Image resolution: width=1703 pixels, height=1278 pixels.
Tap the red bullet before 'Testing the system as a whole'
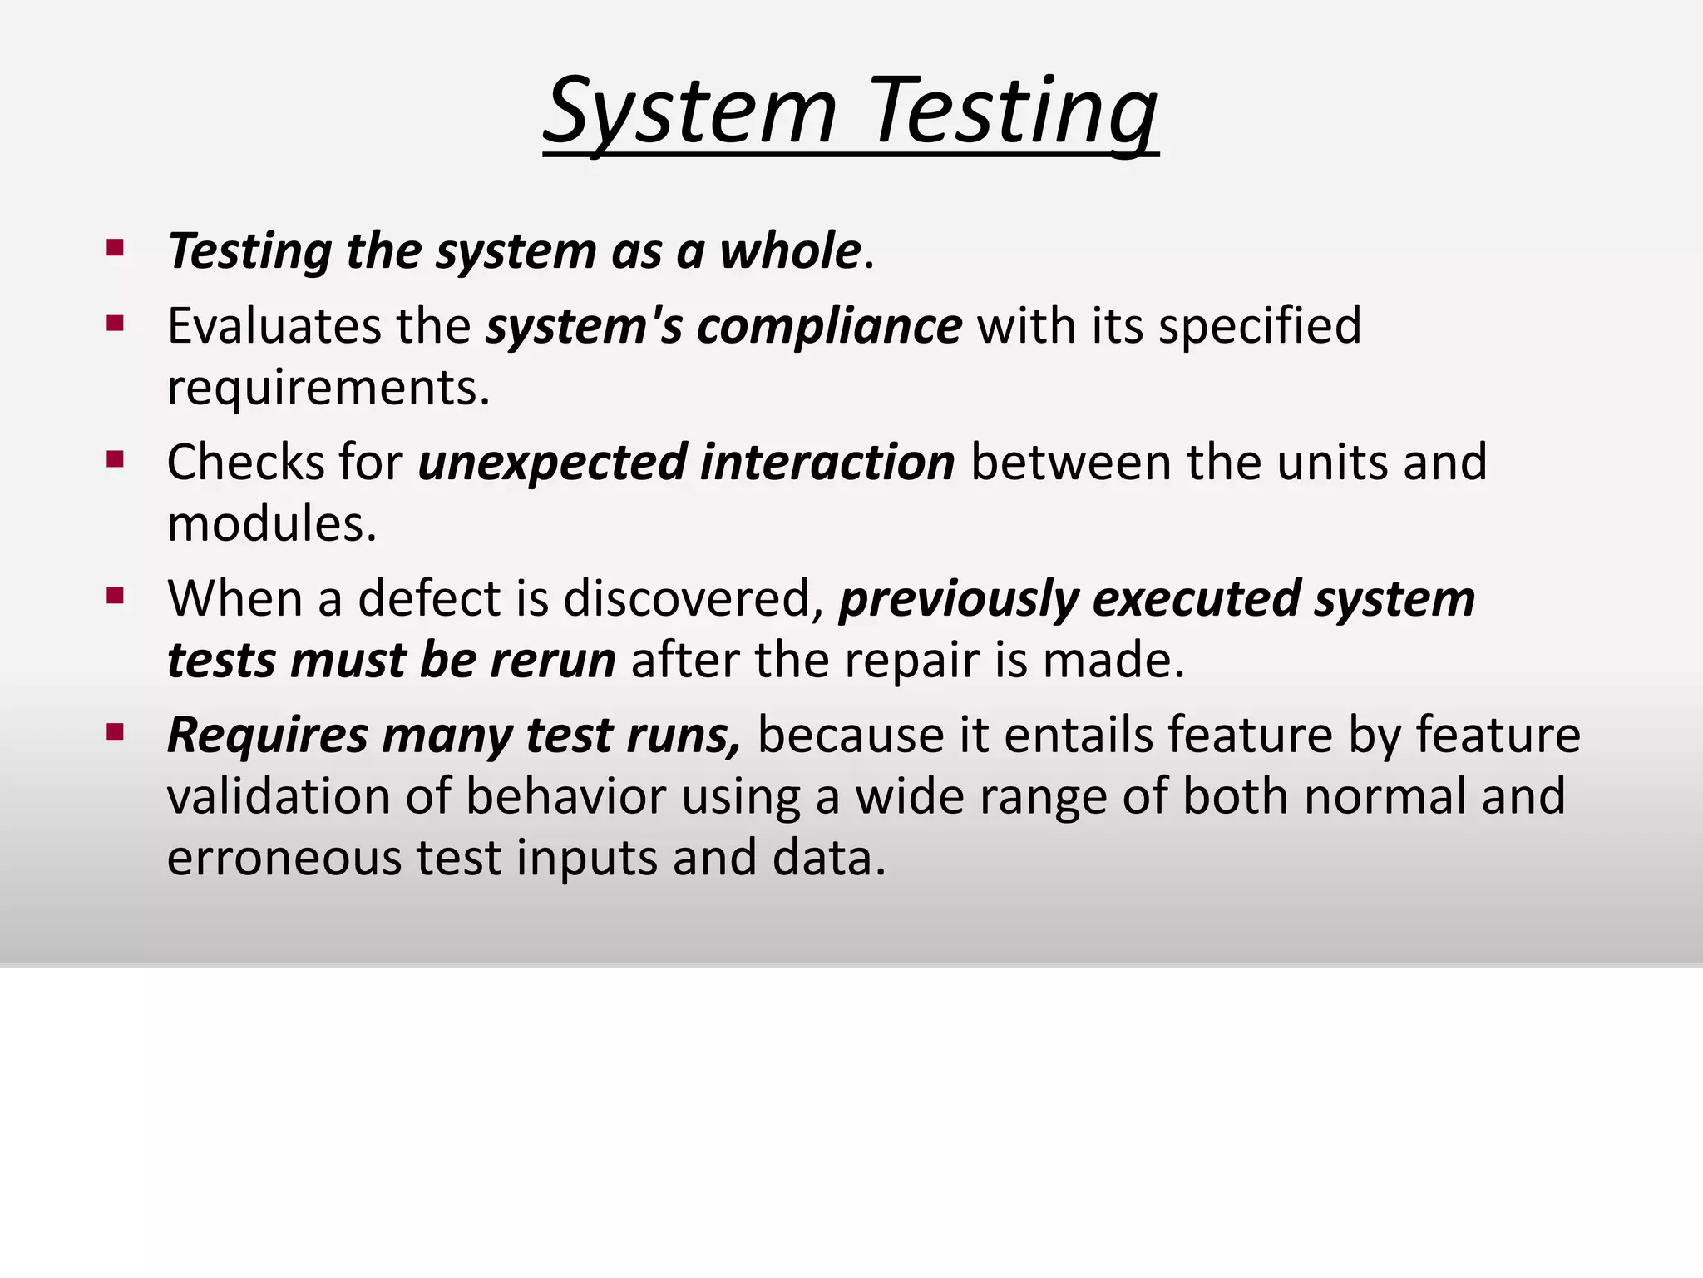(116, 247)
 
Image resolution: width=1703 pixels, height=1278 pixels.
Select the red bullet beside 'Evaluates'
(116, 322)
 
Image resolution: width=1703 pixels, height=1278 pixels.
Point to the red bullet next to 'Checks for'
(116, 458)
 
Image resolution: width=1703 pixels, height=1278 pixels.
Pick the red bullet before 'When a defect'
(116, 595)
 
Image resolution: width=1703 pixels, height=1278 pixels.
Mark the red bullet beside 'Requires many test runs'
(116, 732)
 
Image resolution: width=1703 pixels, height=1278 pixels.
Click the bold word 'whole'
(789, 250)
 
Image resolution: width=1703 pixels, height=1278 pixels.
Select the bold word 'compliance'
(829, 325)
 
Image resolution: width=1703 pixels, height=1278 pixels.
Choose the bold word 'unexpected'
(553, 463)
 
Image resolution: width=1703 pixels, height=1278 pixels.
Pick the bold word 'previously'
(959, 599)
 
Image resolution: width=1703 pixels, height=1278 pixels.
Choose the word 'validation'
(279, 796)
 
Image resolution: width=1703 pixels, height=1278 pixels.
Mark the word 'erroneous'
(284, 858)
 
